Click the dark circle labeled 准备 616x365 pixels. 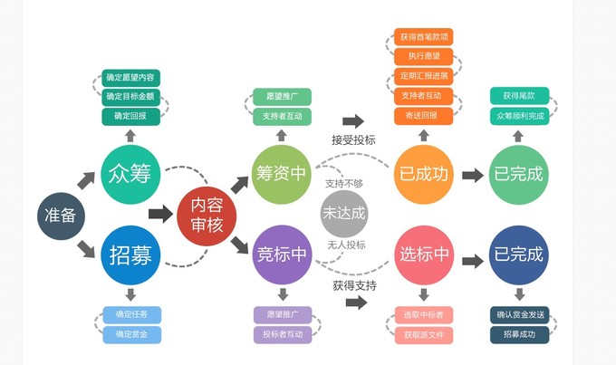click(x=62, y=216)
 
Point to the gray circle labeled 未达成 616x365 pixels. click(x=345, y=215)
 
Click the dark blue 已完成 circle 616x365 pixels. click(x=518, y=255)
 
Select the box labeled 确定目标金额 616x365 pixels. click(x=130, y=96)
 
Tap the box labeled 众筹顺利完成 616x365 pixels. click(x=519, y=116)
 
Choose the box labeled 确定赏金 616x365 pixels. click(x=131, y=334)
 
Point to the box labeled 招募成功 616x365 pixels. click(x=519, y=334)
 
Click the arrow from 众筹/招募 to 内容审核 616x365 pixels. click(x=161, y=215)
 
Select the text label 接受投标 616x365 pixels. click(x=353, y=139)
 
